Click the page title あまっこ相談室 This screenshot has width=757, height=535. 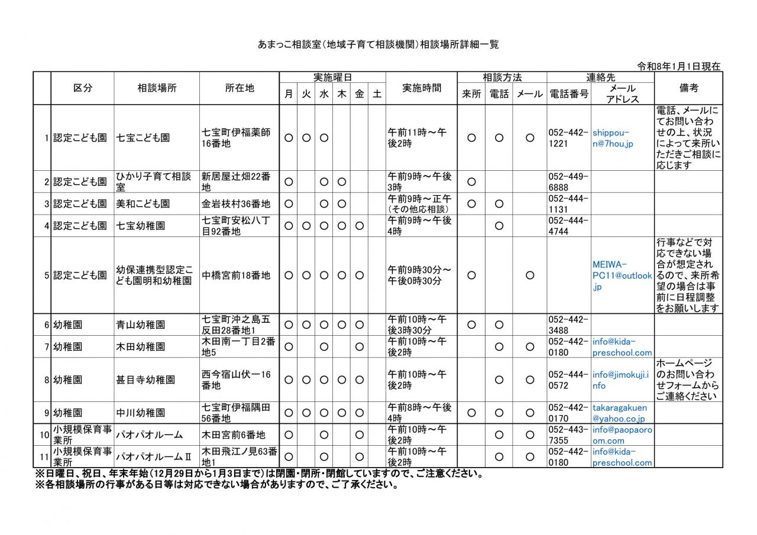(378, 44)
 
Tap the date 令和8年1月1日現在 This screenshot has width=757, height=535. (679, 66)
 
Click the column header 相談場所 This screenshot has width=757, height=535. (157, 88)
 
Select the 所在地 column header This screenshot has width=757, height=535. (240, 88)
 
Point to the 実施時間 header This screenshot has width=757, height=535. (421, 88)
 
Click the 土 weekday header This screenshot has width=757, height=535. (376, 94)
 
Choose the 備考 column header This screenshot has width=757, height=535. (688, 88)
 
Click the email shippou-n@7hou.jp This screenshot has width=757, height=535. (612, 138)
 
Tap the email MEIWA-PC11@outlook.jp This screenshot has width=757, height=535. (622, 275)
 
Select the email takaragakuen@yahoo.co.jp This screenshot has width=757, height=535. (620, 413)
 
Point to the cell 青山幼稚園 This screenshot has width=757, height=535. (141, 325)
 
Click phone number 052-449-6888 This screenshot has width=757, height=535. (568, 181)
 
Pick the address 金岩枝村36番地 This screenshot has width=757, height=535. (236, 204)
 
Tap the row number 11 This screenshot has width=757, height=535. (43, 457)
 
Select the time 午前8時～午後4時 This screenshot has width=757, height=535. (419, 413)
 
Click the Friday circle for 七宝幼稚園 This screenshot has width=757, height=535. (359, 226)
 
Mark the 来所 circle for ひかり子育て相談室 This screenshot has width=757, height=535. (471, 181)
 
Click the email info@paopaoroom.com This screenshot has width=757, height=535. (622, 435)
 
